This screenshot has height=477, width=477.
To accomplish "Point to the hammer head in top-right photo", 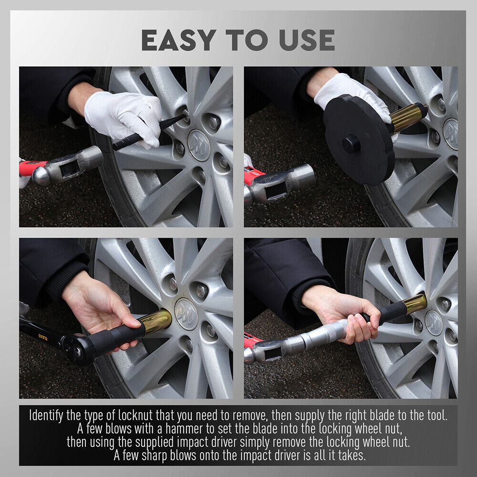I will coord(281,184).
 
